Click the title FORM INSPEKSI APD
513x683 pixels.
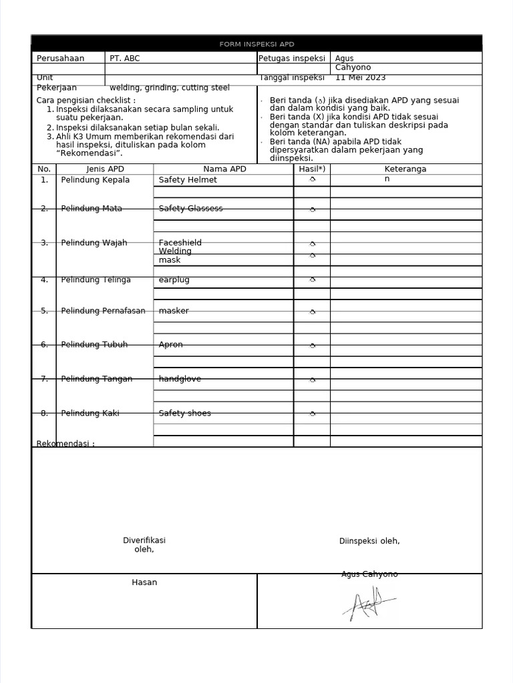pyautogui.click(x=256, y=44)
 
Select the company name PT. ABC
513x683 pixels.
pyautogui.click(x=125, y=59)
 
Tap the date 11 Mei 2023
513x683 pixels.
pyautogui.click(x=361, y=77)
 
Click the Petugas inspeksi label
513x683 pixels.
pyautogui.click(x=291, y=59)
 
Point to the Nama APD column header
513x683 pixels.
pyautogui.click(x=224, y=169)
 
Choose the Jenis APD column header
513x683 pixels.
pyautogui.click(x=105, y=169)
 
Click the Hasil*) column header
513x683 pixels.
pyautogui.click(x=312, y=169)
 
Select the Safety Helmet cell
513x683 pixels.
pyautogui.click(x=188, y=180)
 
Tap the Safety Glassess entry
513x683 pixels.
pyautogui.click(x=190, y=209)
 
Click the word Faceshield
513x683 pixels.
pyautogui.click(x=180, y=243)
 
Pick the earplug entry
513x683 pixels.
pyautogui.click(x=174, y=280)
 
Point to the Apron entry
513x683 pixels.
pyautogui.click(x=170, y=345)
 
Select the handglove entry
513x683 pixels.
pyautogui.click(x=180, y=379)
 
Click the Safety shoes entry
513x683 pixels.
pyautogui.click(x=184, y=414)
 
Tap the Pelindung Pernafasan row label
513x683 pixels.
pyautogui.click(x=103, y=311)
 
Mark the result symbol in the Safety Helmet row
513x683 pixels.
pyautogui.click(x=312, y=179)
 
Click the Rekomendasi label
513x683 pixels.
pyautogui.click(x=65, y=444)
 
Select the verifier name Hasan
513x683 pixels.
pyautogui.click(x=144, y=582)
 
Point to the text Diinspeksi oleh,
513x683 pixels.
pyautogui.click(x=369, y=541)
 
